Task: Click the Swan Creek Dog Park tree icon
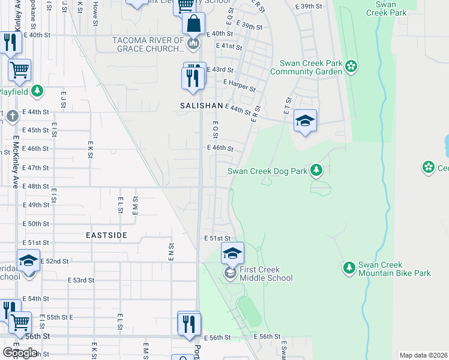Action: tap(316, 171)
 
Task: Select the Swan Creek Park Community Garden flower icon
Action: tap(351, 67)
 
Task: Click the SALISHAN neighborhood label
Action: tap(201, 105)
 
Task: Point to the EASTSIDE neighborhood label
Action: tap(106, 235)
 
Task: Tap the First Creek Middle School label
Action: tap(265, 274)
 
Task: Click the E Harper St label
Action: tap(239, 86)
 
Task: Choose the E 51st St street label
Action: tap(217, 238)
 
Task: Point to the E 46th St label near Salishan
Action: tap(220, 148)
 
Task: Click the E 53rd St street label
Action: tap(80, 280)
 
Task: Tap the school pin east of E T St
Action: tap(305, 121)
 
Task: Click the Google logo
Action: tap(20, 352)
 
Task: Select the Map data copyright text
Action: tap(423, 355)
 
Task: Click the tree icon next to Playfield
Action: tap(37, 91)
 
